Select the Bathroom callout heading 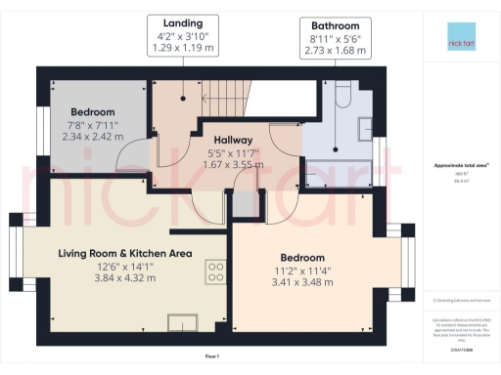[x=335, y=26]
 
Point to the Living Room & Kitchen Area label [x=124, y=254]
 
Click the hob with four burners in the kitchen [x=214, y=271]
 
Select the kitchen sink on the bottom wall [x=182, y=321]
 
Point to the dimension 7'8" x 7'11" [x=93, y=126]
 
